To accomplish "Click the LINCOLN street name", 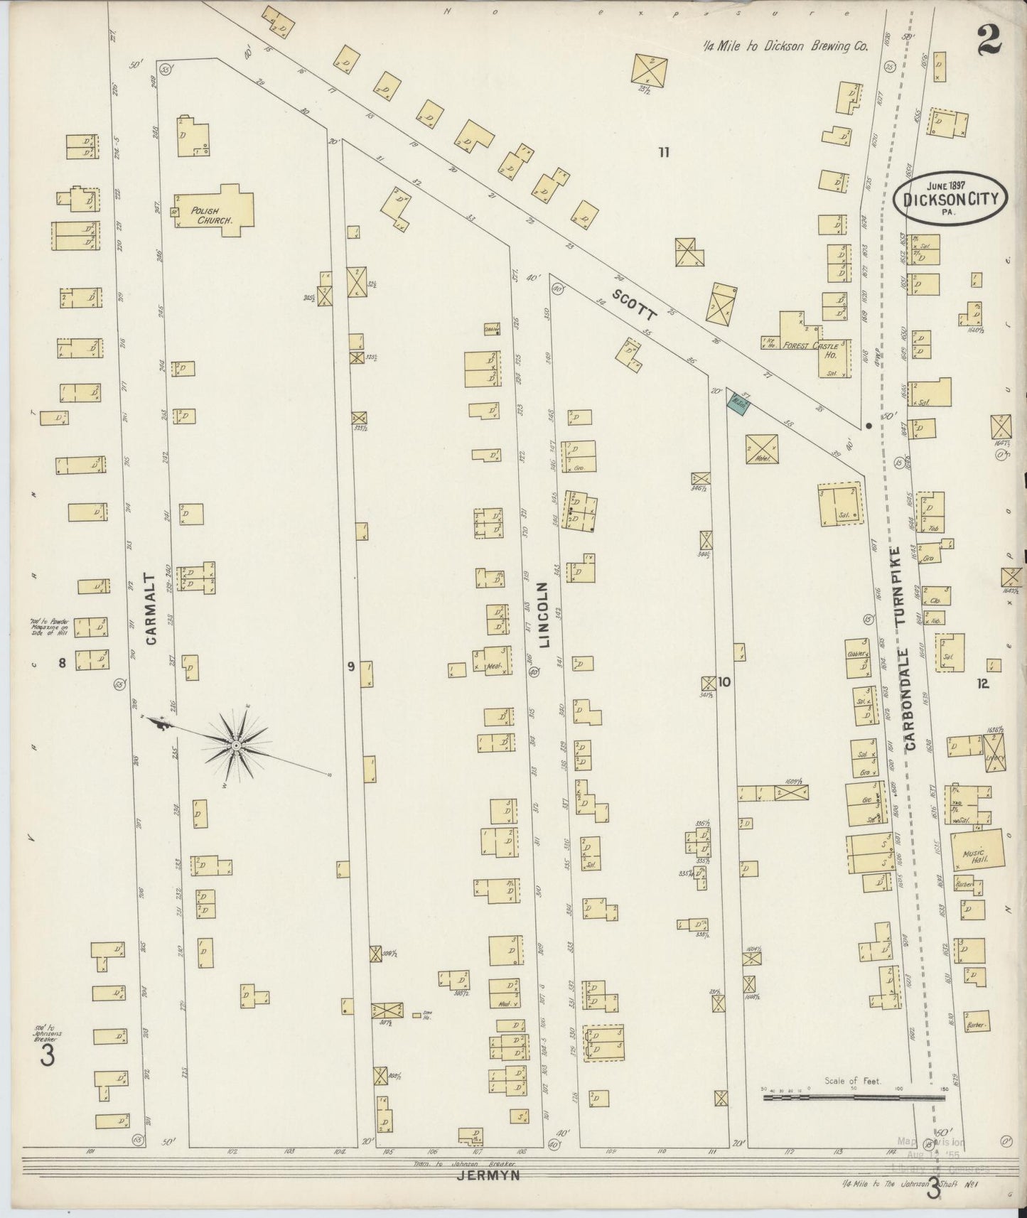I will click(x=544, y=615).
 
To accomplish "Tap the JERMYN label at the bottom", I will click(x=488, y=1176).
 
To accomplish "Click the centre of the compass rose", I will click(x=235, y=744).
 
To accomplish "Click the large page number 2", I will click(x=989, y=39).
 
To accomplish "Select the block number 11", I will click(x=663, y=151).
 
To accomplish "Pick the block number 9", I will click(x=350, y=666).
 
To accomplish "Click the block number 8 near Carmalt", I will click(x=62, y=663).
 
